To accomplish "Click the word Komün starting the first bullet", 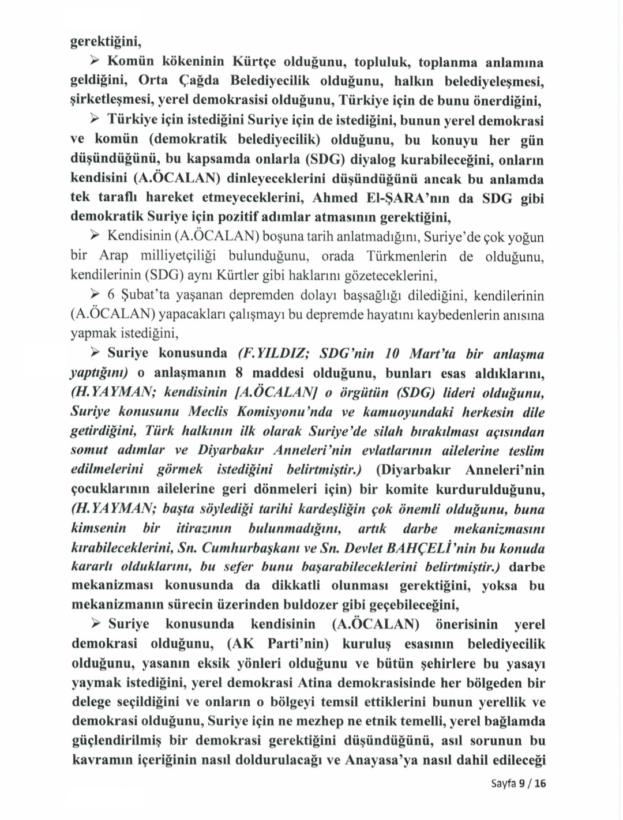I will (129, 61).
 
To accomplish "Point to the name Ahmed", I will (334, 198).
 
